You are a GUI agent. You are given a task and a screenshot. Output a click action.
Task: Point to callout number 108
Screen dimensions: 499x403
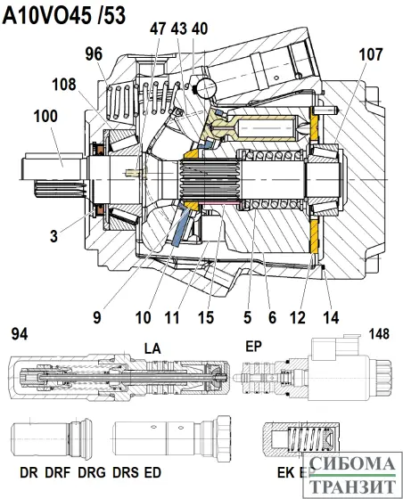tap(63, 86)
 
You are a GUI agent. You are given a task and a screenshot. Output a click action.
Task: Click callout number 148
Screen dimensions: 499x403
tap(382, 333)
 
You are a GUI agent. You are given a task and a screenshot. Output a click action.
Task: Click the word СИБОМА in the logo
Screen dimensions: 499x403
tap(354, 464)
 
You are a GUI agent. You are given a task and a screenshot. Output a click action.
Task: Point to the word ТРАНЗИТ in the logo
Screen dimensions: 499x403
tap(354, 486)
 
